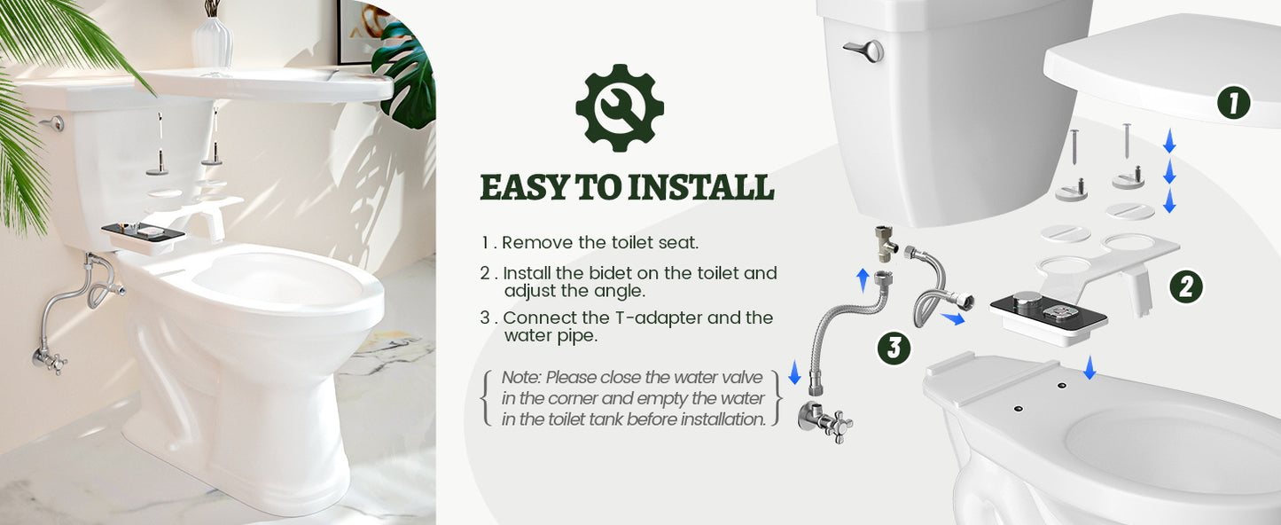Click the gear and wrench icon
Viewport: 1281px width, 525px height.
coord(620,107)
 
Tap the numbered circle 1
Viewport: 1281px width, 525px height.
coord(1233,104)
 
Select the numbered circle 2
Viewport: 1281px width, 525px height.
coord(1185,286)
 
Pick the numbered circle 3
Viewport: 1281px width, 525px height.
coord(894,348)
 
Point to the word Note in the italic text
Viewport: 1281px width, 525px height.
coord(520,378)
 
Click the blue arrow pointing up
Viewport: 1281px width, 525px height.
coord(863,280)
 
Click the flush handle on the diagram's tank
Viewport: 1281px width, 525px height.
coord(863,50)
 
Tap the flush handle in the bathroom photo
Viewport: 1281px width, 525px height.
coord(53,123)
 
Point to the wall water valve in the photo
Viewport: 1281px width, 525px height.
coord(49,358)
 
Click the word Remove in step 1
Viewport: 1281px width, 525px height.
coord(540,242)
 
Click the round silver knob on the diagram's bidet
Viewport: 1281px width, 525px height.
coord(1026,300)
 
